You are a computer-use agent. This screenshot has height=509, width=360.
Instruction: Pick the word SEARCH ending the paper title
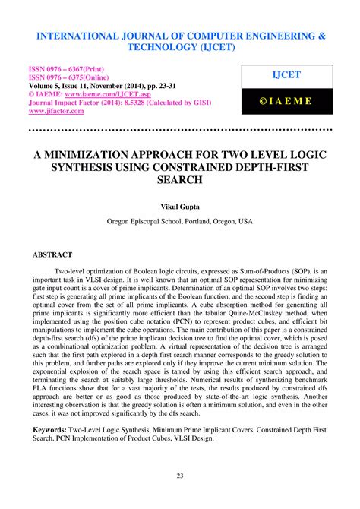(180, 181)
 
